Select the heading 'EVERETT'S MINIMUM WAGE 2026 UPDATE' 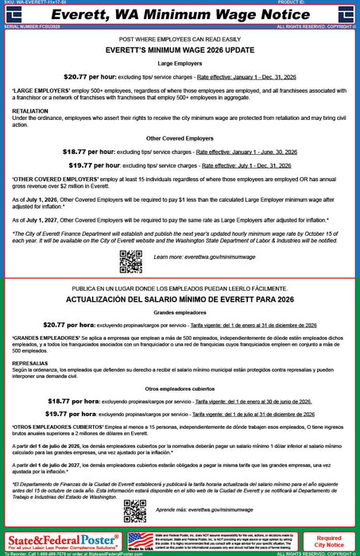(180, 48)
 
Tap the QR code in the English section (130, 261)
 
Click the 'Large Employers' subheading (180, 61)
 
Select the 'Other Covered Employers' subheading (180, 137)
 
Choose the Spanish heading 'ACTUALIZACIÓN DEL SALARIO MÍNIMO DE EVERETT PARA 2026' (180, 299)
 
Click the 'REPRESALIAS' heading (31, 363)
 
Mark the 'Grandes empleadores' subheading (180, 312)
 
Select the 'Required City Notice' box (329, 542)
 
